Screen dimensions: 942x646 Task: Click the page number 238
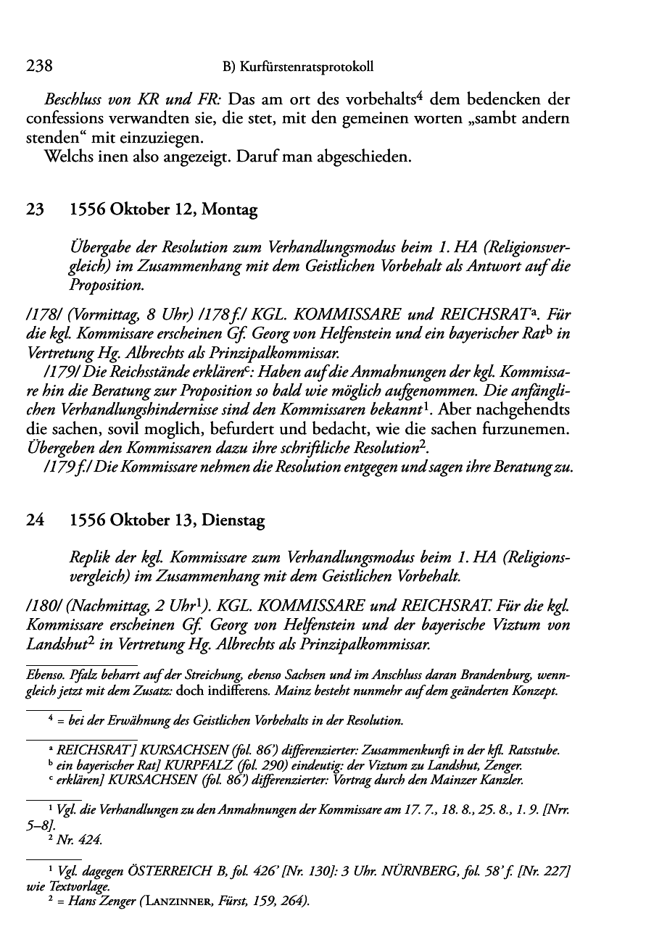tap(39, 67)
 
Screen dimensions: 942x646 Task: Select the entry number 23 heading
tap(34, 211)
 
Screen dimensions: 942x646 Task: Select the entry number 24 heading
tap(34, 520)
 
